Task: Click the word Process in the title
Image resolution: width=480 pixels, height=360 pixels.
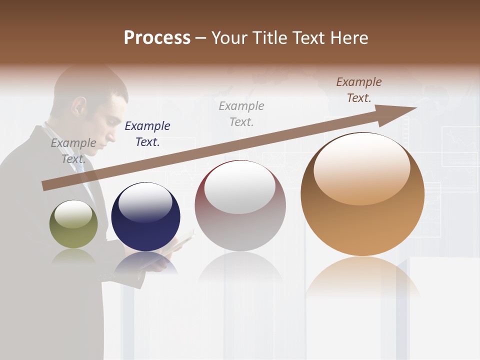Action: click(x=157, y=38)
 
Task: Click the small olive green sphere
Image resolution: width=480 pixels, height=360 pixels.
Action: click(x=73, y=224)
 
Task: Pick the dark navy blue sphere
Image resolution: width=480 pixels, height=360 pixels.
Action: click(x=145, y=220)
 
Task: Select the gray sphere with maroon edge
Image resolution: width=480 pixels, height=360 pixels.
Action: click(x=240, y=210)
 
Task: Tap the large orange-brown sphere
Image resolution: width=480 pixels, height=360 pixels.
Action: click(x=362, y=200)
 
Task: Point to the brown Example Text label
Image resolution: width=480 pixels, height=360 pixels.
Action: click(x=358, y=90)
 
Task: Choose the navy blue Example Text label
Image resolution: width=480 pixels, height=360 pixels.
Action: click(x=147, y=134)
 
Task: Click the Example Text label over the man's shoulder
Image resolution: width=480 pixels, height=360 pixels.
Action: click(x=73, y=151)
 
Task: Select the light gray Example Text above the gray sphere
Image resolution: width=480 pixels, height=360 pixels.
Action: click(x=241, y=114)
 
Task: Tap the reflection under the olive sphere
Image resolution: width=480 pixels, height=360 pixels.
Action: click(x=73, y=256)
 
